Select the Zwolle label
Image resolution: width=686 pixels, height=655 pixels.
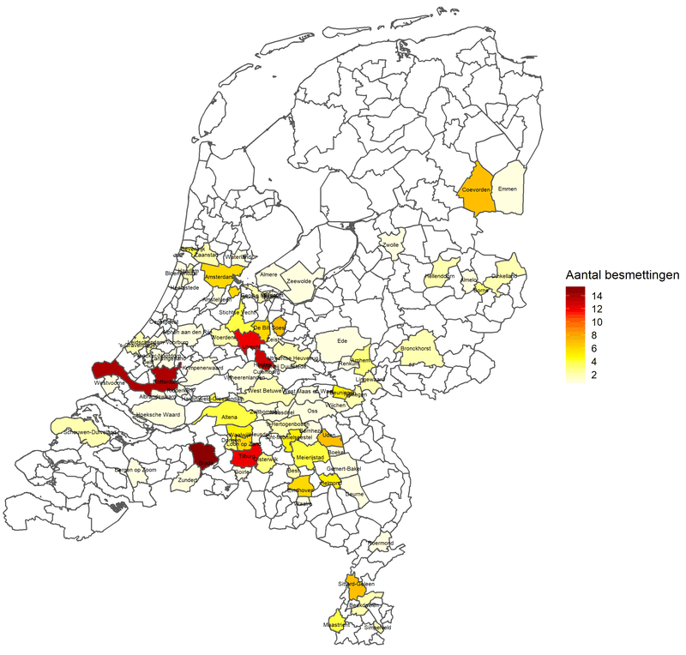(x=391, y=245)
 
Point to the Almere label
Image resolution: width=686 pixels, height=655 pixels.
(x=269, y=274)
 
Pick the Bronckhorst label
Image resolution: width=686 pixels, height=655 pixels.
(x=414, y=349)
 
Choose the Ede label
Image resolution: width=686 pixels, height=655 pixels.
(x=344, y=340)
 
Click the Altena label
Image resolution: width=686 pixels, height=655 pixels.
(x=229, y=418)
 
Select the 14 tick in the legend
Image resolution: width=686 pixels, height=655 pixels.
(x=595, y=295)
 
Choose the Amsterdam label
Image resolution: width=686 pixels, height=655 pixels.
(x=220, y=278)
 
